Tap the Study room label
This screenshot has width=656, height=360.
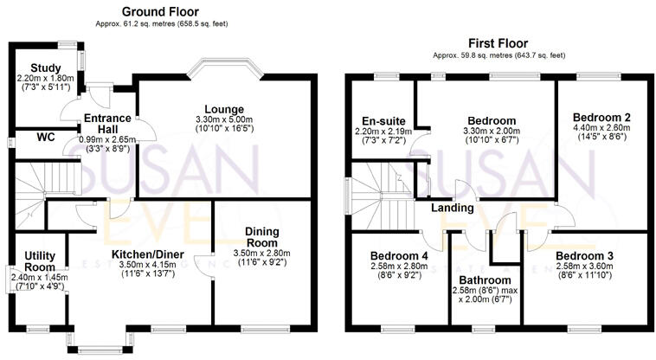pos(43,68)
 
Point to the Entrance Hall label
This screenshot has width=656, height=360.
pos(106,124)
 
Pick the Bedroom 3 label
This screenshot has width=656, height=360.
pos(584,256)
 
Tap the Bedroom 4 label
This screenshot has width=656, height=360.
pos(399,256)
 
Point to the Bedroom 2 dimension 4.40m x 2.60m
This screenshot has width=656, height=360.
pos(601,126)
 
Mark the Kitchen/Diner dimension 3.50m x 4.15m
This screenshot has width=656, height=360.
pos(144,264)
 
